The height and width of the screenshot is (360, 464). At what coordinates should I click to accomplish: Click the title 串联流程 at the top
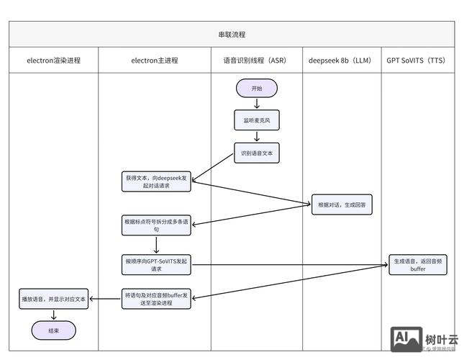point(232,34)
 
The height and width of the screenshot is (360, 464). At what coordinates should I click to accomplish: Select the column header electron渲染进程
point(53,60)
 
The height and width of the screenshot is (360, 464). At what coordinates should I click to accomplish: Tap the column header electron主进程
point(155,60)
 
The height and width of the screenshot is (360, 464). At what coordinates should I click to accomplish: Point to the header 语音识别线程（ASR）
point(256,60)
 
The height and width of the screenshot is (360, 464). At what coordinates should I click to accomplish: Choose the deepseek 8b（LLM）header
point(341,60)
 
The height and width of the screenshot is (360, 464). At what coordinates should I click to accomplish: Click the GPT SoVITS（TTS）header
point(417,60)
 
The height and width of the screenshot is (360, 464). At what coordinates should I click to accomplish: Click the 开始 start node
point(257,88)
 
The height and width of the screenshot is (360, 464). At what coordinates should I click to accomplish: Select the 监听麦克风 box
point(257,120)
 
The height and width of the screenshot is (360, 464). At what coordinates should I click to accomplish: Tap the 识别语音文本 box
point(257,153)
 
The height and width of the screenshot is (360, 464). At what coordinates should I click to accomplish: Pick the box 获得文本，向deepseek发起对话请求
point(156,181)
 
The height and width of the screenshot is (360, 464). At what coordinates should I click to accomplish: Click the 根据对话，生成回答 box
point(342,204)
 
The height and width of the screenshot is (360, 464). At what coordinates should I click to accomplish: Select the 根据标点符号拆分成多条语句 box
point(156,225)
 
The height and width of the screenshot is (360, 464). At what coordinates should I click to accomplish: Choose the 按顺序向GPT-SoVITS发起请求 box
point(156,264)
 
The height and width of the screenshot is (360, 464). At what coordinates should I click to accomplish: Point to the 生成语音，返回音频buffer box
point(418,264)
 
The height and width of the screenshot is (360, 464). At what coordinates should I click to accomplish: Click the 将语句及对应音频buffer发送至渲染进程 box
point(156,298)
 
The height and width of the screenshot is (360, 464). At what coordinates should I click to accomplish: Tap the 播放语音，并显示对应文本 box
point(53,298)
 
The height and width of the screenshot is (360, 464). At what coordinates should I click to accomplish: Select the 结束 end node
point(53,330)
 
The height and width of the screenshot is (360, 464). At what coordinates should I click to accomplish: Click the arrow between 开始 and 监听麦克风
point(257,104)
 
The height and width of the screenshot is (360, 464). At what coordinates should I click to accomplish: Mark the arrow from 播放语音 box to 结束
point(53,315)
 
